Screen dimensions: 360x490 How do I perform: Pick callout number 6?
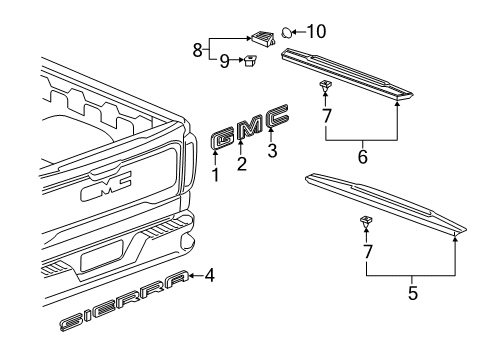click(363, 157)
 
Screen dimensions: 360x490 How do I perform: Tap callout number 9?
click(224, 61)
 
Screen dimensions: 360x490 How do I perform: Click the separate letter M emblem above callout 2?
click(246, 127)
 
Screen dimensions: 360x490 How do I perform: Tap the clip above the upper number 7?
click(326, 88)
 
